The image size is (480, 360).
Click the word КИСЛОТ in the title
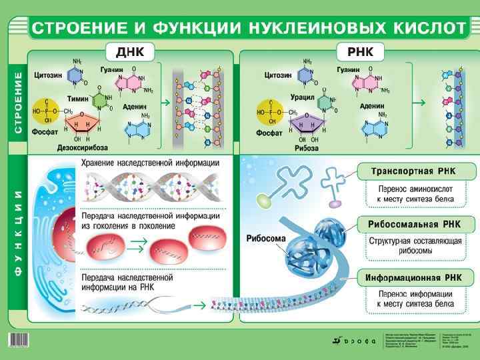(422, 29)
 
